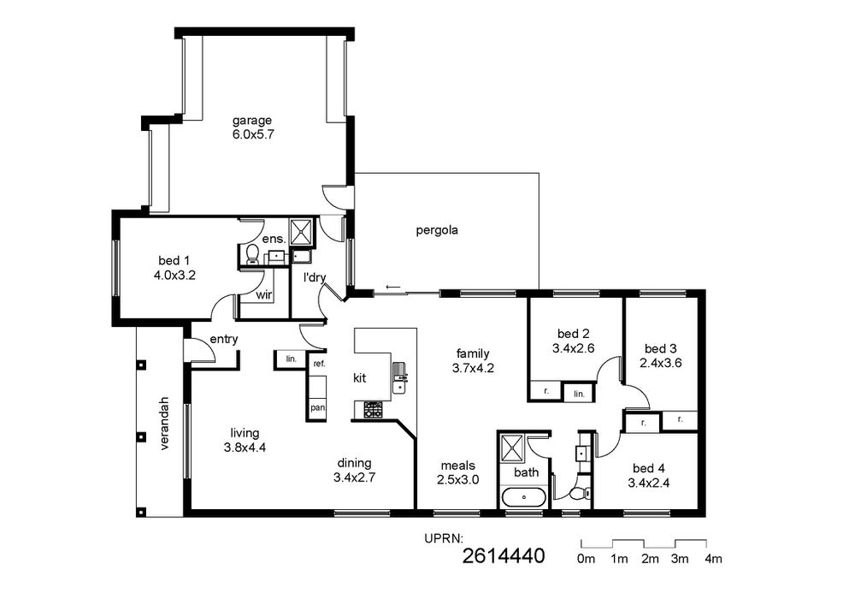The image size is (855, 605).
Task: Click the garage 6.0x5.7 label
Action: point(252,128)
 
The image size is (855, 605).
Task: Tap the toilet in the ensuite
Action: point(252,255)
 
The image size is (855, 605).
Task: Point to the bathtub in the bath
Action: point(523,497)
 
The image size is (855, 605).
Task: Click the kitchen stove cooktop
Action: point(374,410)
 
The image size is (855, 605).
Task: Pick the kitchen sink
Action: point(399,377)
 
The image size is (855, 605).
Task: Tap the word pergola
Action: point(437,230)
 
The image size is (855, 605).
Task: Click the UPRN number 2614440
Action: point(504,556)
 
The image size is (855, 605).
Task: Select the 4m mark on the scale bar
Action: point(713,559)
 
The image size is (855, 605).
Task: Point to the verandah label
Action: point(165,424)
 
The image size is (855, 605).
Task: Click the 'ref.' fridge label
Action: point(320,364)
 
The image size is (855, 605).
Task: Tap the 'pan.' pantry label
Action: point(318,407)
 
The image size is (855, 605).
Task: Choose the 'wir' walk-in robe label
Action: point(264,295)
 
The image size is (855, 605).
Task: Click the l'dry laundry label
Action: point(315,277)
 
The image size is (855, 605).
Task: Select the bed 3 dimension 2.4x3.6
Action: point(663,363)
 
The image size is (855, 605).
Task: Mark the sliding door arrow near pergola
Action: point(392,287)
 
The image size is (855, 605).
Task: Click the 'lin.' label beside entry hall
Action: point(292,359)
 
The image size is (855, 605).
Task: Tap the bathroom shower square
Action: point(512,448)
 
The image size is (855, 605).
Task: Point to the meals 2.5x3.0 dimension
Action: point(458,480)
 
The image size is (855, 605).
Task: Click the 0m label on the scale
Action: point(587,559)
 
